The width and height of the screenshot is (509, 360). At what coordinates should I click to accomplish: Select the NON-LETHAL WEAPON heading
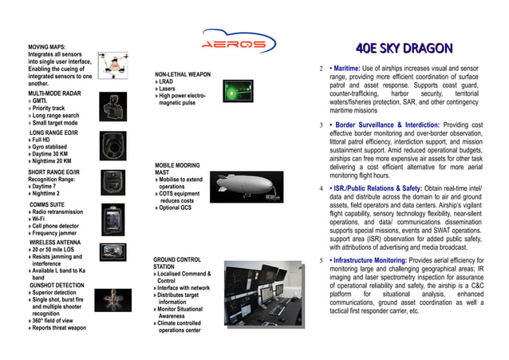pos(183,74)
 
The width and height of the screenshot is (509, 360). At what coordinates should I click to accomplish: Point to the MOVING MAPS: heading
pos(53,47)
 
